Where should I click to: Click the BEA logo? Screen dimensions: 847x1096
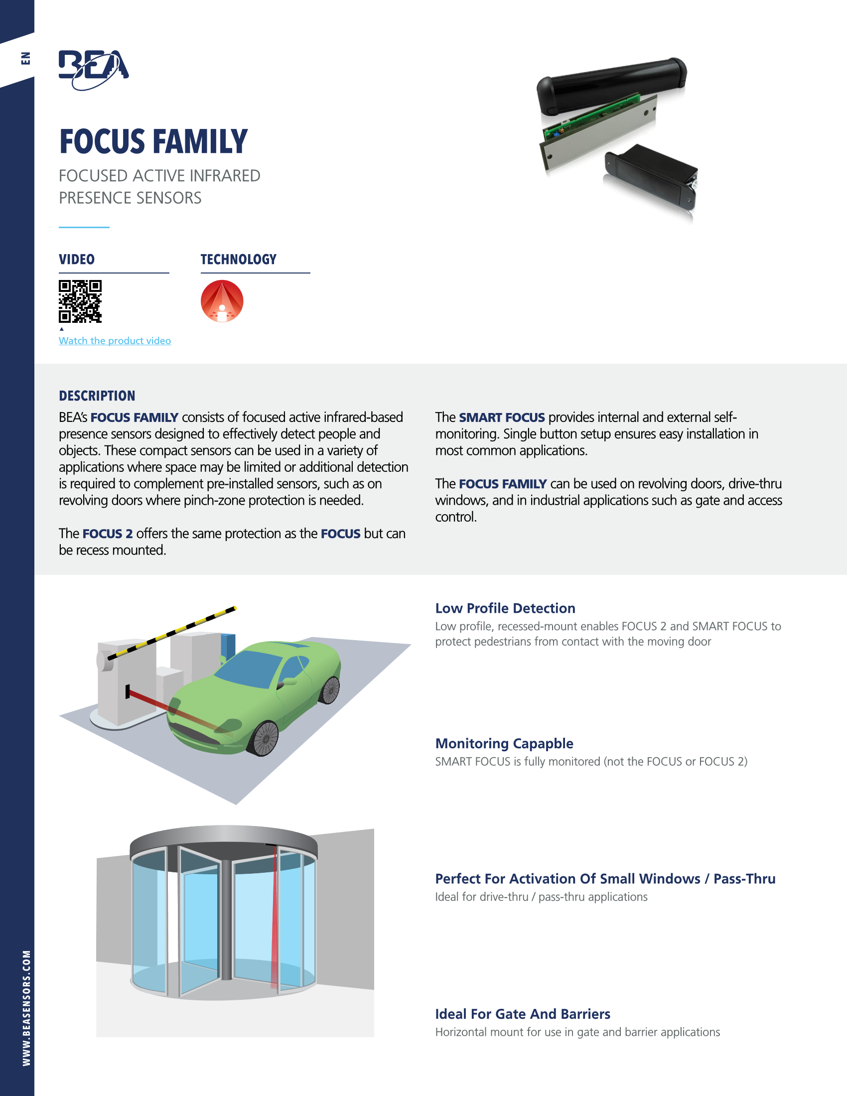click(94, 70)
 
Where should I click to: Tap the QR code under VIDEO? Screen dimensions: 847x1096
click(80, 301)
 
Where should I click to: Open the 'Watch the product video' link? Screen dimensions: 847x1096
click(115, 341)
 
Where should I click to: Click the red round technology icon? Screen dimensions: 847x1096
click(222, 301)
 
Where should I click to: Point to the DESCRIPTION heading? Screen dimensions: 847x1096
click(97, 396)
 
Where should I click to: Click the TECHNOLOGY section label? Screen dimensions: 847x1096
click(239, 260)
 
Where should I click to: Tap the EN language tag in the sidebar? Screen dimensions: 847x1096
click(25, 58)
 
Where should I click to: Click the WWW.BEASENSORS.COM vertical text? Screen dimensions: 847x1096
click(26, 1008)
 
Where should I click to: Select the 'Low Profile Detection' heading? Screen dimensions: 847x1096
click(505, 608)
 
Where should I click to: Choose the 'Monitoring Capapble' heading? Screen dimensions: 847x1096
click(504, 744)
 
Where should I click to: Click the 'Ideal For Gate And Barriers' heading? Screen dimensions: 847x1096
click(523, 1014)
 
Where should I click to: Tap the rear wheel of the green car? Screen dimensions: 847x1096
click(330, 690)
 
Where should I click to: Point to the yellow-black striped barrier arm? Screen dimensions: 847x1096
click(171, 632)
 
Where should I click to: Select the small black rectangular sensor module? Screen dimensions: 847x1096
click(651, 177)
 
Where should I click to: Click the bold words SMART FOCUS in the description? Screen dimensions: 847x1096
click(502, 417)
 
